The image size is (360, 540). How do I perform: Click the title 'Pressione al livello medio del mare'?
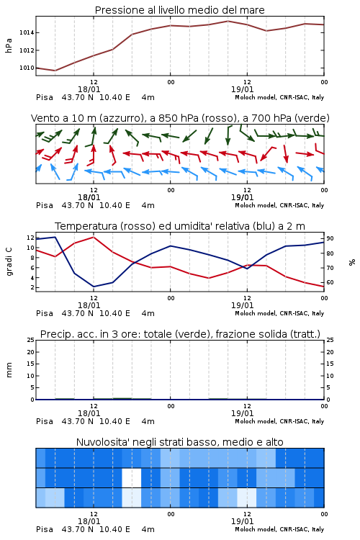tap(179, 10)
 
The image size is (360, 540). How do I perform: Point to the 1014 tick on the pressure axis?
tap(27, 32)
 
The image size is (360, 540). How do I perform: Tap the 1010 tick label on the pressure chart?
tap(27, 68)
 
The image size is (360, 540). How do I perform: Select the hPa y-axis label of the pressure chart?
tap(9, 45)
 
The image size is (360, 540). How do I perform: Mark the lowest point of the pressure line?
tap(55, 71)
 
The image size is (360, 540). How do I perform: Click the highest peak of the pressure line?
tap(228, 21)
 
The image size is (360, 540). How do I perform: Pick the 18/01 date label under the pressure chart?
tap(89, 89)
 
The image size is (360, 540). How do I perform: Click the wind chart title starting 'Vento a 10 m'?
tap(180, 118)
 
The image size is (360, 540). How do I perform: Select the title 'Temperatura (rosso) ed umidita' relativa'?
tap(179, 226)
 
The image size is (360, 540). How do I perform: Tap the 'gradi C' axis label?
tap(9, 261)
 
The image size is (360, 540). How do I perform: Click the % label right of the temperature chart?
tap(352, 262)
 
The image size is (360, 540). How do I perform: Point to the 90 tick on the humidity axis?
tap(330, 238)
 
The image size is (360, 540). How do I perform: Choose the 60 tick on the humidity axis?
tap(330, 282)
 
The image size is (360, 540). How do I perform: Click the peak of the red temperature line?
tap(94, 237)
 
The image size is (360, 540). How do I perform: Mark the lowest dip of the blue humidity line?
tap(94, 287)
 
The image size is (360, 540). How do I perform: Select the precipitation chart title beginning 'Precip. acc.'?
tap(180, 334)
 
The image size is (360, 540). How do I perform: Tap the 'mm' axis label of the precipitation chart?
tap(9, 370)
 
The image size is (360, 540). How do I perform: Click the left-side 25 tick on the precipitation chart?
tap(31, 340)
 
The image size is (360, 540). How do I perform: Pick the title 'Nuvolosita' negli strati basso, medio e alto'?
tap(179, 442)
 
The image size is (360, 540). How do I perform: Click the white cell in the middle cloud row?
tap(132, 477)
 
